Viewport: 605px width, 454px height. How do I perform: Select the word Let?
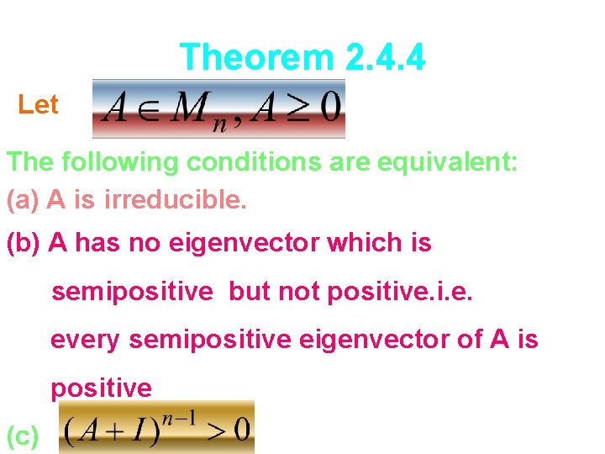pyautogui.click(x=38, y=105)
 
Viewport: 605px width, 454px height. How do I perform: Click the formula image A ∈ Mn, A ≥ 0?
pyautogui.click(x=218, y=108)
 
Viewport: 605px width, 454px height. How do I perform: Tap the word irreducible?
pyautogui.click(x=176, y=200)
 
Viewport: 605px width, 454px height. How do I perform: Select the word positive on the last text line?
pyautogui.click(x=102, y=388)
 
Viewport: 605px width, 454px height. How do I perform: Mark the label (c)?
pyautogui.click(x=22, y=436)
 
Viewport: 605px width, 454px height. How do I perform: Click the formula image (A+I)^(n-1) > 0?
pyautogui.click(x=155, y=427)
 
